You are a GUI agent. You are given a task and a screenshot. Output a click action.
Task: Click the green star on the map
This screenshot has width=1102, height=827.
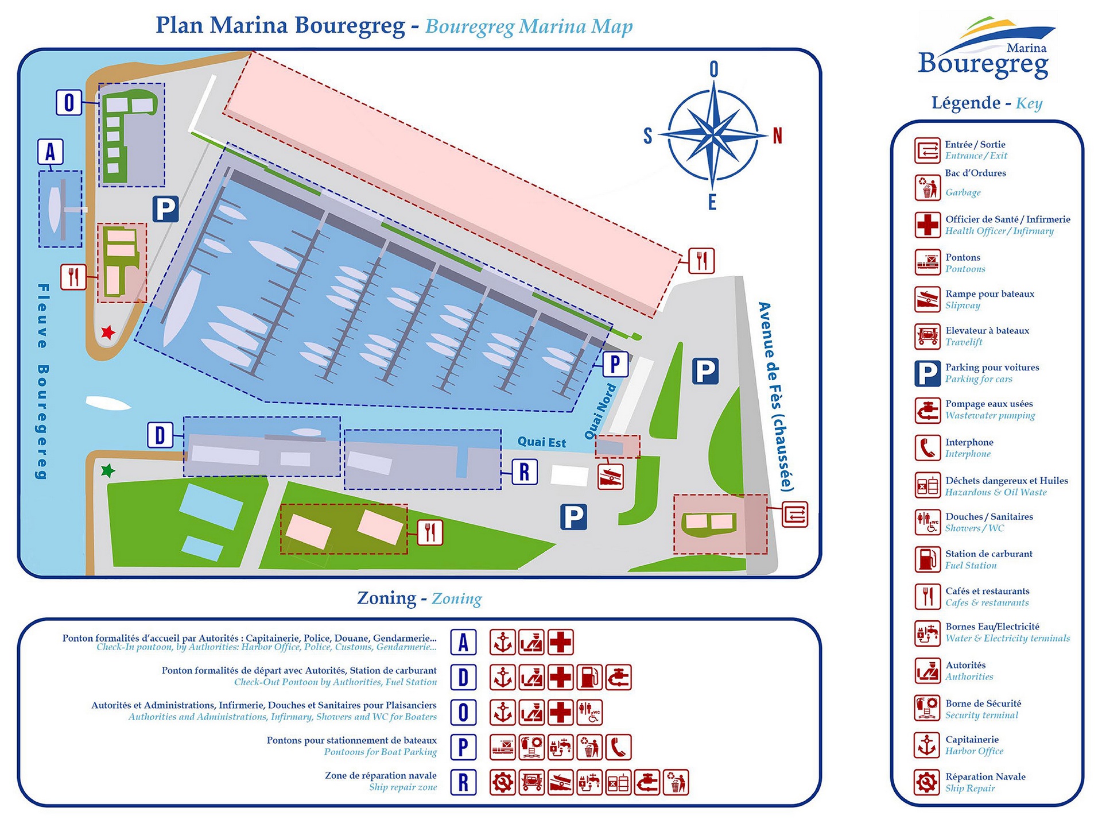click(107, 472)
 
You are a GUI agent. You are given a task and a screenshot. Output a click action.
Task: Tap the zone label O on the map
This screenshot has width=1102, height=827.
click(69, 103)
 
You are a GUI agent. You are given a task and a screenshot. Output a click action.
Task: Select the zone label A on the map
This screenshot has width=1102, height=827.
click(51, 152)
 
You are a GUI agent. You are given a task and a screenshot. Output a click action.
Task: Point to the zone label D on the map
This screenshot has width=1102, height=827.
click(160, 435)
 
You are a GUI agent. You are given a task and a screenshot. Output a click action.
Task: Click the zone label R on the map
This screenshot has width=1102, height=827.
click(524, 472)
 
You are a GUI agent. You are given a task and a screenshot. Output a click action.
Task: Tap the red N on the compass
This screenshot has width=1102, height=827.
click(778, 136)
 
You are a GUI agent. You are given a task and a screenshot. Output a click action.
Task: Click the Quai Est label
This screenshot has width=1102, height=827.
click(541, 442)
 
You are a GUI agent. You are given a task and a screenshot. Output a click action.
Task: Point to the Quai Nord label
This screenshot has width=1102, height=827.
click(600, 412)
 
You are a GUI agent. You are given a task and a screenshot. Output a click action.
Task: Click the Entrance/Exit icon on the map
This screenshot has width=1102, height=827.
click(795, 514)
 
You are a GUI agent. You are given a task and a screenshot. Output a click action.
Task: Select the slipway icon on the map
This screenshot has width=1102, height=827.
click(610, 477)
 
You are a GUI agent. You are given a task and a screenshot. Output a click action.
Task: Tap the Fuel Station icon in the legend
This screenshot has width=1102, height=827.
click(927, 559)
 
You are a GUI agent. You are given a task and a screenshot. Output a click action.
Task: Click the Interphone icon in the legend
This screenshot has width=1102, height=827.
click(927, 448)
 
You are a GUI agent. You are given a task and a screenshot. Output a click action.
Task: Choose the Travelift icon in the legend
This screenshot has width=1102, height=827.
click(927, 337)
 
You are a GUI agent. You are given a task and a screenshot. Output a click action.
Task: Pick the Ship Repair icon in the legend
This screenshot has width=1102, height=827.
click(927, 782)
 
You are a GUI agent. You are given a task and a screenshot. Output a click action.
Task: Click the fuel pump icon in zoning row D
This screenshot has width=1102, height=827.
click(589, 678)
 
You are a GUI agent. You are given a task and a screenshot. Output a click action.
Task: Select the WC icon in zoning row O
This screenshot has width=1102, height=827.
click(589, 713)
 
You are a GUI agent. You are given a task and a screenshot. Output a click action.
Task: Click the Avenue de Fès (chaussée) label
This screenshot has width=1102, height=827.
click(775, 396)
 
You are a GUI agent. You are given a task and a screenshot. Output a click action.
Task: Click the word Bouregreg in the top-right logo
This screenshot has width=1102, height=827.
click(983, 64)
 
